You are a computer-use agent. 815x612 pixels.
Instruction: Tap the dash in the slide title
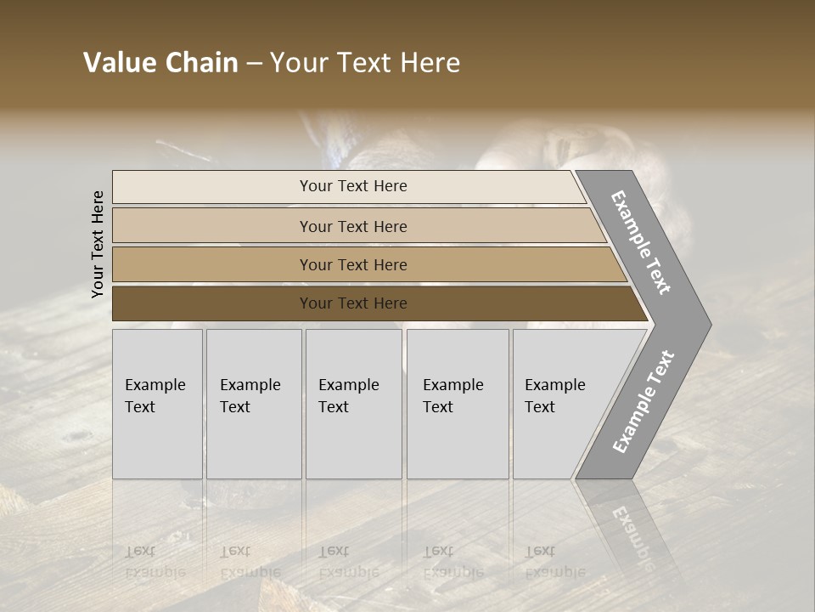[254, 64]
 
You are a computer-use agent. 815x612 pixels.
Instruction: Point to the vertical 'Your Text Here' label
[98, 245]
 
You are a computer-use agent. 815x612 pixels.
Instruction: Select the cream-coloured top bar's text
[353, 186]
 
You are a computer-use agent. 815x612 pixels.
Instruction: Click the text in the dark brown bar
[353, 303]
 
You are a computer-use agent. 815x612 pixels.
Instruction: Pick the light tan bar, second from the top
[353, 226]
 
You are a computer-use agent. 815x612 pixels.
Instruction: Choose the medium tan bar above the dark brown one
[353, 264]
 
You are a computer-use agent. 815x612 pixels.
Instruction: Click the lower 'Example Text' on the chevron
[644, 402]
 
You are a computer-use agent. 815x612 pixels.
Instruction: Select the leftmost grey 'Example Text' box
[157, 404]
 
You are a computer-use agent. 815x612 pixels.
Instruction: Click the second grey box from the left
[253, 404]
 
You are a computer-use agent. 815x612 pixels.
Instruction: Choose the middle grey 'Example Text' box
[353, 404]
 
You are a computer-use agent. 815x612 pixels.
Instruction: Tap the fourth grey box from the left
[457, 404]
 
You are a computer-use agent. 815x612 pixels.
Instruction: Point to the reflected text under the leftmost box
[155, 562]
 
